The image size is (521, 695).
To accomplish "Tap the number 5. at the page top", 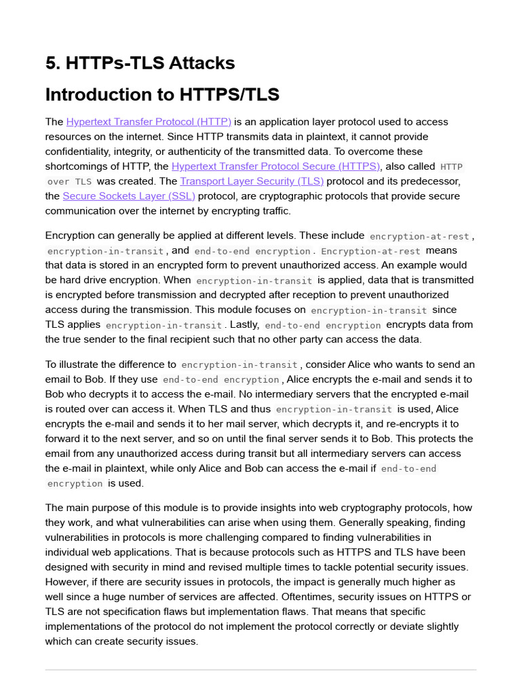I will (52, 63).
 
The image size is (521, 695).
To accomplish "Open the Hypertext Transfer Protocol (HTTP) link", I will (149, 121).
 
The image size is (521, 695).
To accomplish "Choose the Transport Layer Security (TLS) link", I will (252, 181).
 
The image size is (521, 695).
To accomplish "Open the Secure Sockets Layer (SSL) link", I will (129, 196).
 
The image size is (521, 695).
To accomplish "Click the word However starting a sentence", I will (66, 582).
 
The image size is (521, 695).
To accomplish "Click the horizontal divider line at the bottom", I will (260, 670).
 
